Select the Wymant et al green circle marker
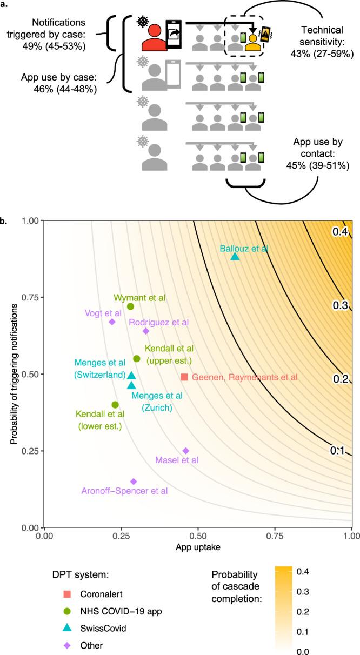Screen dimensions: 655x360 [x=130, y=306]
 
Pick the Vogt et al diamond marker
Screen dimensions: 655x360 [x=112, y=322]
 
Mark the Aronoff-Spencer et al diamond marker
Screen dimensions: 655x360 [x=134, y=481]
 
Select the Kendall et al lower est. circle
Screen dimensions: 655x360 [x=115, y=404]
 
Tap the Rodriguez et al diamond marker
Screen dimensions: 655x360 [x=145, y=331]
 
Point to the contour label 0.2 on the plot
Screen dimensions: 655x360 [x=339, y=378]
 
